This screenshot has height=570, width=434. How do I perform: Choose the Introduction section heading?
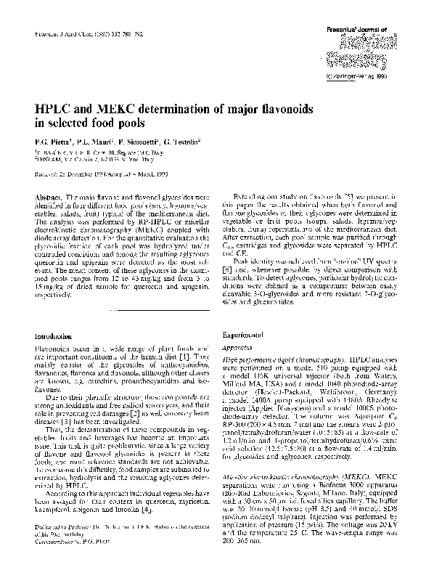tap(56, 336)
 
